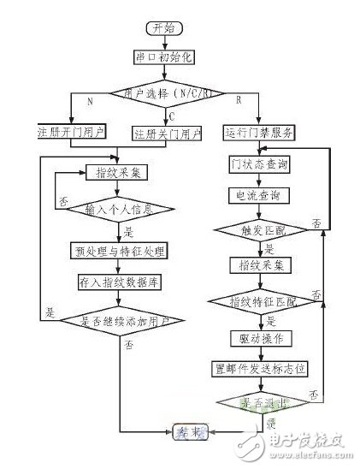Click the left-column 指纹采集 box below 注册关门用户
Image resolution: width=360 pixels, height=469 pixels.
pyautogui.click(x=130, y=172)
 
